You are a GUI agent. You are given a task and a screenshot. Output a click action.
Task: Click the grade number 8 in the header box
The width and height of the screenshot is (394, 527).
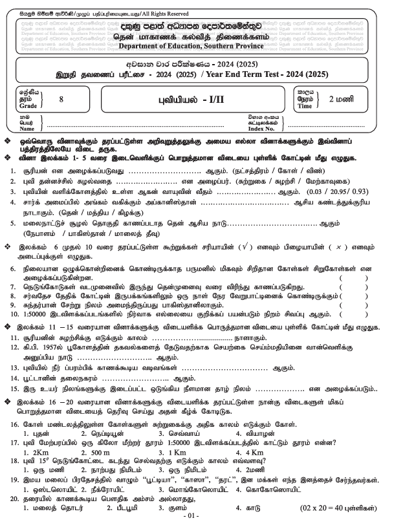(61, 99)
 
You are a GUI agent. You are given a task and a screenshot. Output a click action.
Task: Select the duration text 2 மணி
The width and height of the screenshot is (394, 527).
(343, 99)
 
